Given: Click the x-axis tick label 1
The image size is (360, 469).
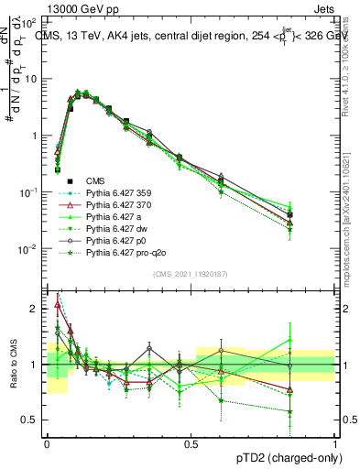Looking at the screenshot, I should click(x=334, y=443).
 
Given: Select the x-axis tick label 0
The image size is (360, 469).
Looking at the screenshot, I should click(x=47, y=443).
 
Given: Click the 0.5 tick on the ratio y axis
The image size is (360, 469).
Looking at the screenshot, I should click(x=32, y=420).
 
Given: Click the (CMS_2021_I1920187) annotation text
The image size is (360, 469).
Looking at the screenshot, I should click(x=190, y=274).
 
